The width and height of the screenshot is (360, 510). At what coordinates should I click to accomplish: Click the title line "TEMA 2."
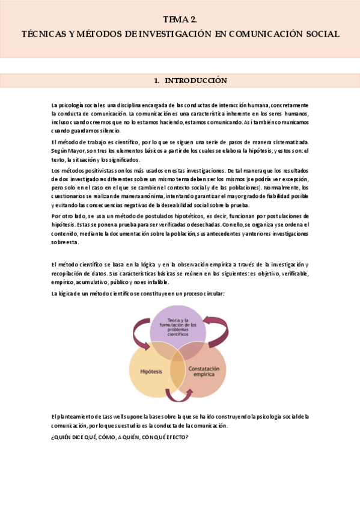click(x=180, y=19)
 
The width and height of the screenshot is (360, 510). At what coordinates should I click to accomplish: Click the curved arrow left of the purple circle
click(x=141, y=333)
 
